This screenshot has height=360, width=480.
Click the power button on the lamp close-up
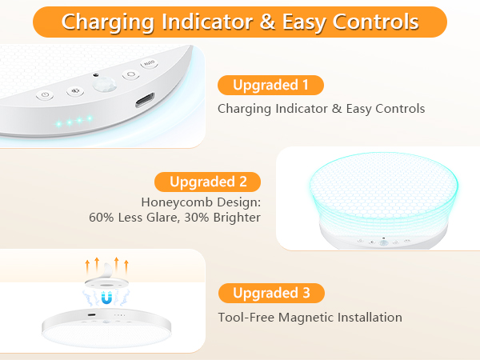coord(45,95)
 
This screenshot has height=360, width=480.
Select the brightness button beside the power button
coord(74,90)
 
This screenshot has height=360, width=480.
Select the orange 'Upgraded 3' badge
coord(271,293)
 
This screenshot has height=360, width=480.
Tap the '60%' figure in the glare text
coord(101,217)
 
